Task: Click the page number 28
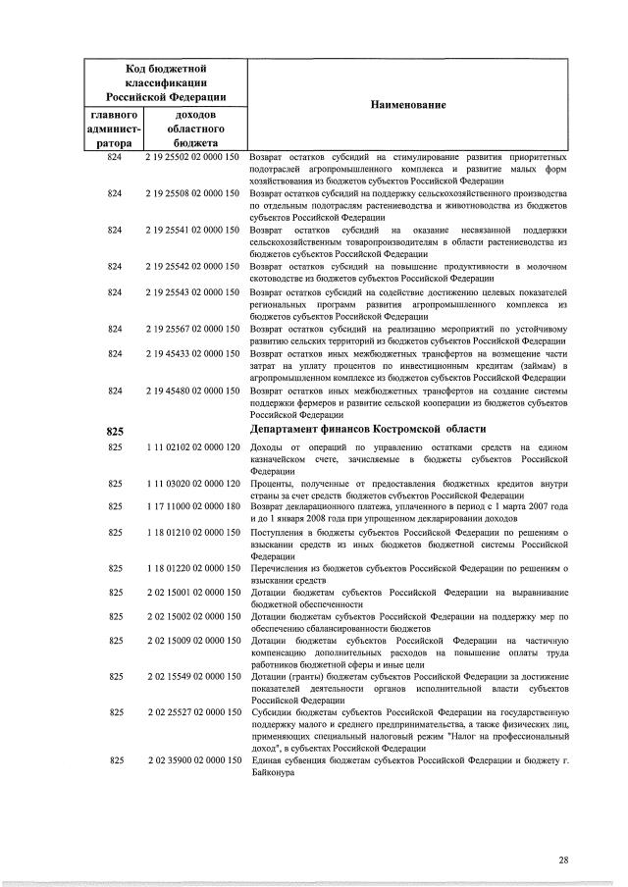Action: point(563,861)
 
